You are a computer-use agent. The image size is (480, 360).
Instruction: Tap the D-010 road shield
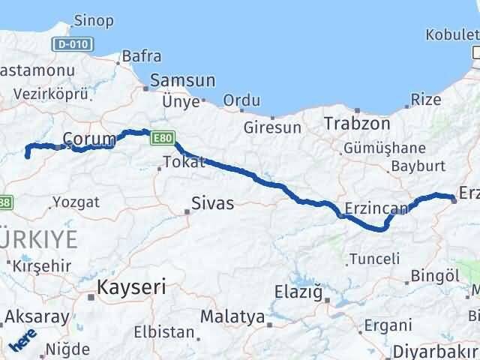click(73, 45)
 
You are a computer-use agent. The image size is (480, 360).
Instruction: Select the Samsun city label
click(182, 80)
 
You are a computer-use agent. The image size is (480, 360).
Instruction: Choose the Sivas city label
click(212, 203)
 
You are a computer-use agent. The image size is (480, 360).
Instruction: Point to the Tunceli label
click(373, 259)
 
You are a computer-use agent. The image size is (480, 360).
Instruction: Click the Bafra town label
click(141, 55)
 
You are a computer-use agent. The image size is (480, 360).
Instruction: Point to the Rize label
click(426, 100)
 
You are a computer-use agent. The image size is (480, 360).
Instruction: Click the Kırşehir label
click(46, 265)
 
